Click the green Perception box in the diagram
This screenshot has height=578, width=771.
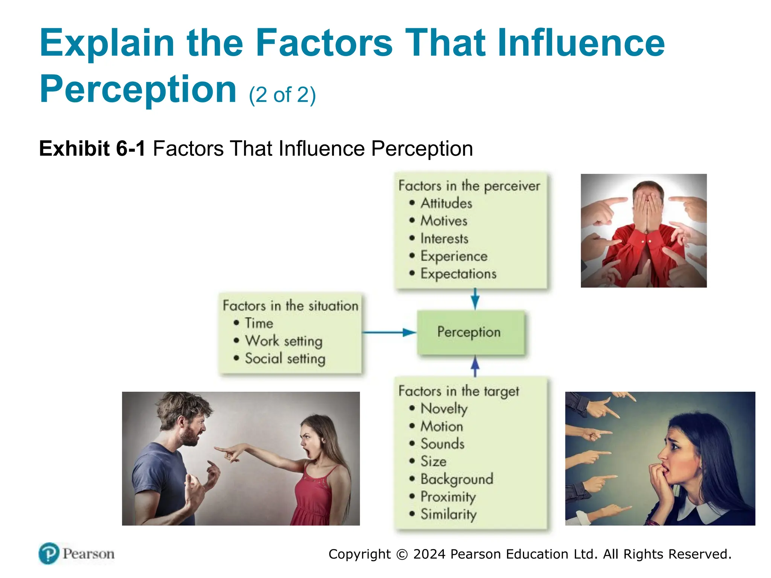(470, 332)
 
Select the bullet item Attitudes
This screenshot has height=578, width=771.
(446, 203)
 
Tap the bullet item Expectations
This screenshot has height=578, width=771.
(458, 274)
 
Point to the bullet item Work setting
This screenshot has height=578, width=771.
(283, 341)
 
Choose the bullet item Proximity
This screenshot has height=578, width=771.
(448, 497)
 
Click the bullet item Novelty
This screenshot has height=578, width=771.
(443, 409)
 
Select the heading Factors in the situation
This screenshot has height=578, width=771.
(290, 306)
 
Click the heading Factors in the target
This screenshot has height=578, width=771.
(458, 391)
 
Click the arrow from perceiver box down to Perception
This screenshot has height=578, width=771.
(475, 299)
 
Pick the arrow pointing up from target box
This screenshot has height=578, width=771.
(475, 366)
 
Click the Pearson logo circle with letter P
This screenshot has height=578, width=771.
(49, 553)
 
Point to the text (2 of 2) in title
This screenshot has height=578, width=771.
(282, 95)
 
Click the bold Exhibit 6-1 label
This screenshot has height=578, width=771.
(92, 148)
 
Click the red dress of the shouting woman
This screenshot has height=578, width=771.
(316, 497)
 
